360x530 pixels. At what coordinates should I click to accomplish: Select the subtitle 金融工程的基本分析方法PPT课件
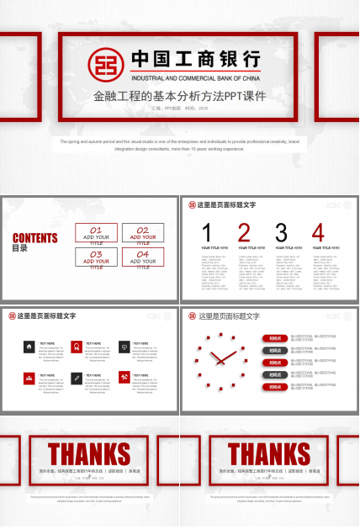(179, 96)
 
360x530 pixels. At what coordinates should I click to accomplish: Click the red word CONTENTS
(35, 238)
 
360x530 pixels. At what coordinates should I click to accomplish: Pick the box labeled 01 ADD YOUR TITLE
(96, 233)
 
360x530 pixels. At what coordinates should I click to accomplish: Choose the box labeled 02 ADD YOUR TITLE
(143, 233)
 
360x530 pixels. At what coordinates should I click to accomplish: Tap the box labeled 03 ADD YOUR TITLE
(96, 258)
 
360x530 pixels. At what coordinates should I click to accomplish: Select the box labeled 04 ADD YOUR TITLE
(143, 258)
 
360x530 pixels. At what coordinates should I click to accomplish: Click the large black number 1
(207, 233)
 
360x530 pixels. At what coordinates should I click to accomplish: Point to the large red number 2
(244, 233)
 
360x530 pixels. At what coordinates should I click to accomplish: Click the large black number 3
(281, 233)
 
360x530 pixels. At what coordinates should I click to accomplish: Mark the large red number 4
(318, 233)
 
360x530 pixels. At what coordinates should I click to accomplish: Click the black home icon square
(29, 347)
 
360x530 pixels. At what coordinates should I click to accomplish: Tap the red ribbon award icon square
(77, 347)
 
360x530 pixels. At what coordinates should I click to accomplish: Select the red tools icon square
(124, 378)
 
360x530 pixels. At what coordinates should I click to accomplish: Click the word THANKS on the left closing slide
(89, 453)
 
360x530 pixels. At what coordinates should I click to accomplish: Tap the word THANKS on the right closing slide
(269, 453)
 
